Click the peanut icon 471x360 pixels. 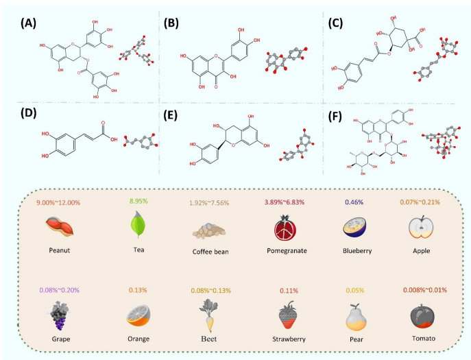pyautogui.click(x=58, y=226)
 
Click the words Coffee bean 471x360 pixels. pyautogui.click(x=210, y=251)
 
